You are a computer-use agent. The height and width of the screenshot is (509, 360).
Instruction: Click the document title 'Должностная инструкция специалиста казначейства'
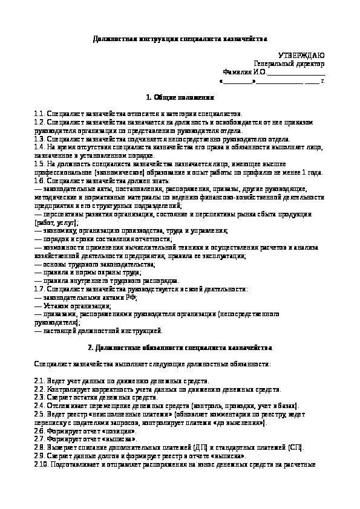[x=180, y=39]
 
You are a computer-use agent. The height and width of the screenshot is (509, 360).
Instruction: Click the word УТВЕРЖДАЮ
[x=301, y=55]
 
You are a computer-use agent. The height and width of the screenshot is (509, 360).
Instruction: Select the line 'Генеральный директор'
[x=289, y=63]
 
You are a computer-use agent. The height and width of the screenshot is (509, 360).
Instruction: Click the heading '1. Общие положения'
[x=180, y=97]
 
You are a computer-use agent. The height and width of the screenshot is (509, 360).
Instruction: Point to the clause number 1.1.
[x=39, y=113]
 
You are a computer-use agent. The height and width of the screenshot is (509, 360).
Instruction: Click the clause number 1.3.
[x=39, y=138]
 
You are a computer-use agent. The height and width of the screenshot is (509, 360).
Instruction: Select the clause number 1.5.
[x=39, y=163]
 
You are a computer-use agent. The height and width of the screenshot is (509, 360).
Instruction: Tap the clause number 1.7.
[x=39, y=289]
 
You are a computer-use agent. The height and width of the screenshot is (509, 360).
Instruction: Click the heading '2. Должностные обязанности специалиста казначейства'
[x=180, y=348]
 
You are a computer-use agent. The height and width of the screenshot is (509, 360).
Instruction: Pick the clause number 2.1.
[x=39, y=381]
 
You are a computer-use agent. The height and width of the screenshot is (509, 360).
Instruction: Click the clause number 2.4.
[x=39, y=406]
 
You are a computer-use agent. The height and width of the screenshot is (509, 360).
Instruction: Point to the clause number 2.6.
[x=39, y=431]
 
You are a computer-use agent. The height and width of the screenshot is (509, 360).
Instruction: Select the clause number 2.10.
[x=41, y=464]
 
